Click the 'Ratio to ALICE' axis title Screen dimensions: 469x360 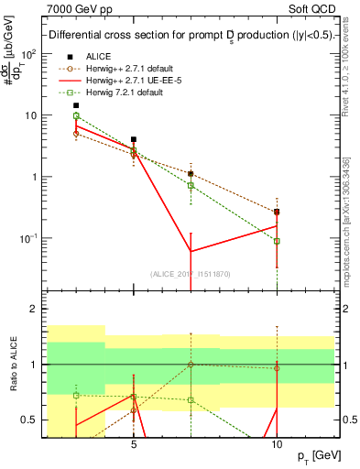tap(15, 365)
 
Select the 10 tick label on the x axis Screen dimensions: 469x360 tap(277, 438)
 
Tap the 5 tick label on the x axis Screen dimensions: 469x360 tap(134, 438)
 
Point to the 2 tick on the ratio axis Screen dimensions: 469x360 tap(35, 310)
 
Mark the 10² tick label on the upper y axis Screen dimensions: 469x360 tap(29, 54)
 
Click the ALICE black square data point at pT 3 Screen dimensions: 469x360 tap(76, 105)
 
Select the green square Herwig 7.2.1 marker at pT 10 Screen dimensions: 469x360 tap(277, 241)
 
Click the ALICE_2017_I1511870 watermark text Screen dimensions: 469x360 tap(191, 274)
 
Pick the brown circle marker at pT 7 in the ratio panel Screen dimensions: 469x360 tap(191, 365)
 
